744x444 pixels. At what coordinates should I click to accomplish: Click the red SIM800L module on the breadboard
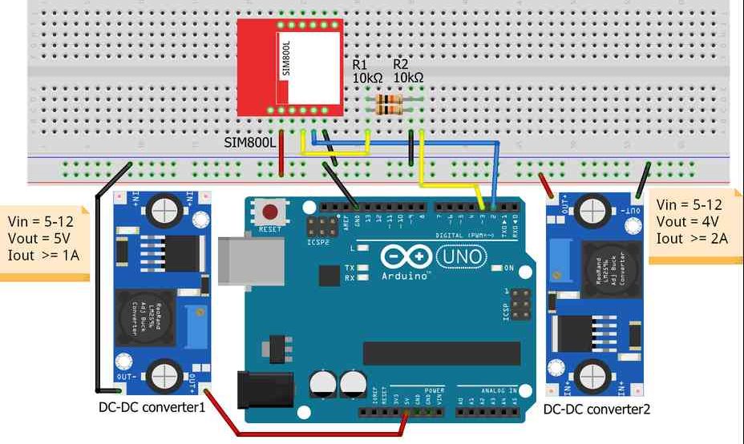(289, 69)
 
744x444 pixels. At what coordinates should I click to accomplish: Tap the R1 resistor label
(360, 63)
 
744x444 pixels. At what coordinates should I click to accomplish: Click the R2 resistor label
(402, 63)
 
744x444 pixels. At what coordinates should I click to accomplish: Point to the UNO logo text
(459, 256)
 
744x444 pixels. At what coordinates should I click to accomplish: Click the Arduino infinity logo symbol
(400, 257)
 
